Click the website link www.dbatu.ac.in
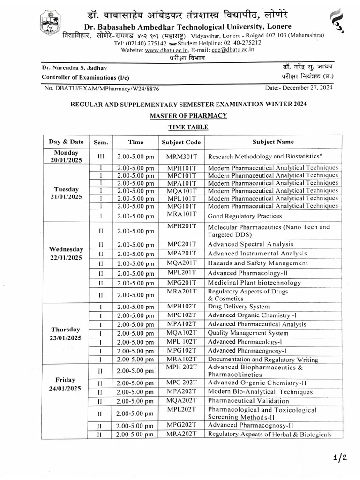(166, 50)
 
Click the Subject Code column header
(181, 142)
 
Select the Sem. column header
(101, 142)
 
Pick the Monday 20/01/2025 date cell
(66, 156)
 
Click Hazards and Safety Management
(258, 263)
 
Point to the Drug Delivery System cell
(239, 307)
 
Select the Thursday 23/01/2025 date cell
(66, 333)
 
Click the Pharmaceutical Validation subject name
(248, 401)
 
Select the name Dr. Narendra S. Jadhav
(73, 68)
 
